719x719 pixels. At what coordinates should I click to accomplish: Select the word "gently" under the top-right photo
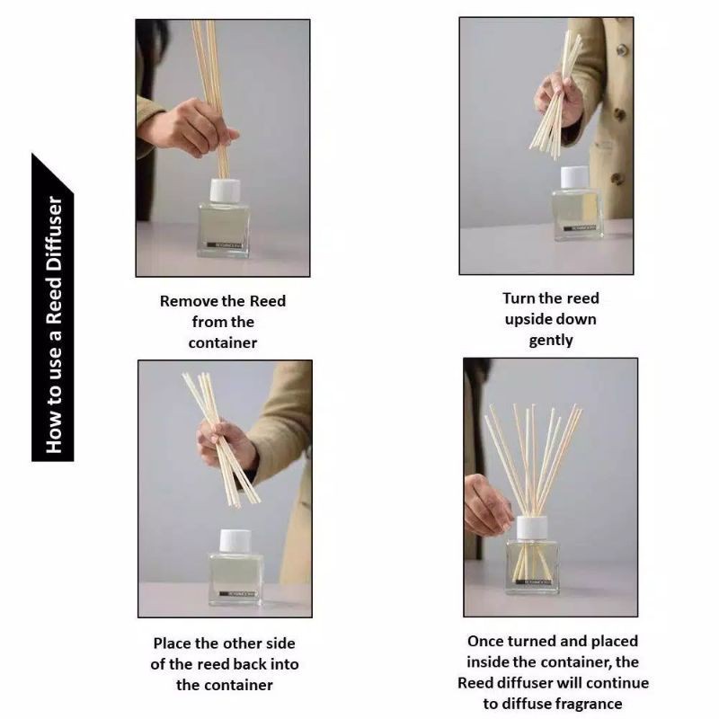(x=551, y=341)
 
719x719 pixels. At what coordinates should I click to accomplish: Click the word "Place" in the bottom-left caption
(x=172, y=644)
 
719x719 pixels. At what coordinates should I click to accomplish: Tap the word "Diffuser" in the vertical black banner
(x=54, y=235)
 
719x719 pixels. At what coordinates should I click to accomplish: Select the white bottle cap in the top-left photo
(x=226, y=191)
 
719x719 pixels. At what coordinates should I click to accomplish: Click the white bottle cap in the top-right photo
(x=574, y=177)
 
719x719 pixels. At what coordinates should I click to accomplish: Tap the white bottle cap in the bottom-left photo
(x=235, y=541)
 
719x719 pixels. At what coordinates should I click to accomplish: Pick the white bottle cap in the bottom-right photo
(x=532, y=528)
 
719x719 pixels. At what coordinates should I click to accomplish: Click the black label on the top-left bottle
(x=224, y=245)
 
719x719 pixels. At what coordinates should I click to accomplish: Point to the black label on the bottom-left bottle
(x=238, y=594)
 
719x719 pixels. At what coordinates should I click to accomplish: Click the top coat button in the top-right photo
(x=622, y=49)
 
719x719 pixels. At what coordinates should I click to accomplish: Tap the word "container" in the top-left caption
(x=223, y=343)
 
